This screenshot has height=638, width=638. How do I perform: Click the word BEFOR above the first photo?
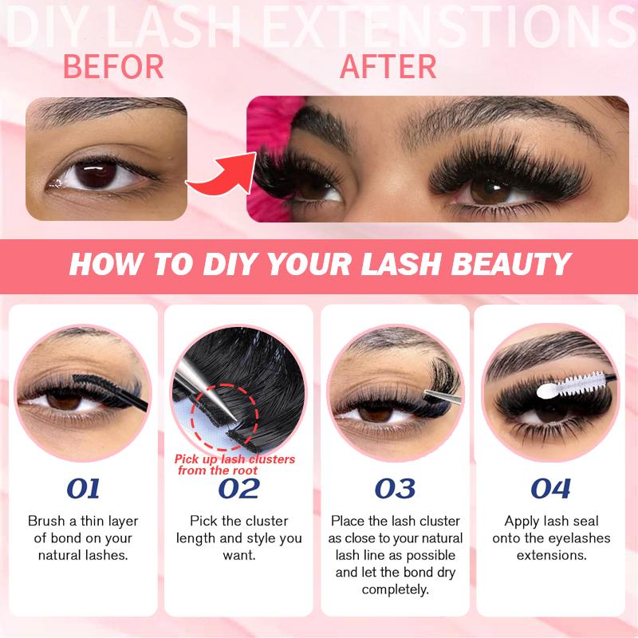pos(112,67)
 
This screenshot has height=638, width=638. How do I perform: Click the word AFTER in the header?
pos(388,67)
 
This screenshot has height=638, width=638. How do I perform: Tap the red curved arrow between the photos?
pos(216,177)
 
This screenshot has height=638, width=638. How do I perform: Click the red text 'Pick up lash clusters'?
pos(235,459)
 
